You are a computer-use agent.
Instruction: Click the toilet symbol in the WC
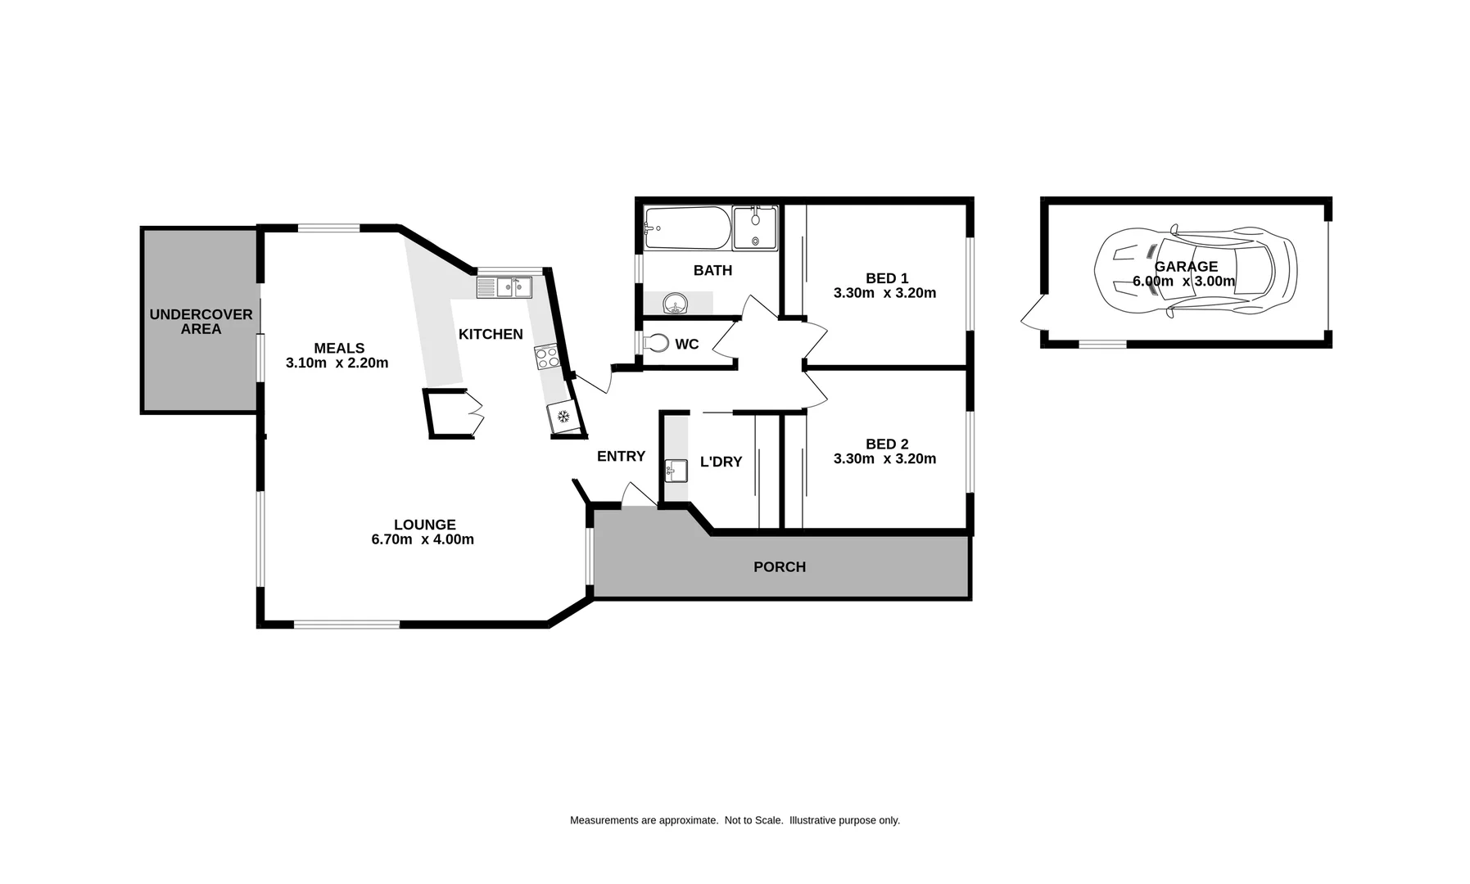click(x=656, y=344)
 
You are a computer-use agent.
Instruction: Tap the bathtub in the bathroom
click(x=686, y=228)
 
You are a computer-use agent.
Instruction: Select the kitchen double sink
click(x=504, y=287)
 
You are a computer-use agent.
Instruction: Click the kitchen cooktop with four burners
click(x=546, y=357)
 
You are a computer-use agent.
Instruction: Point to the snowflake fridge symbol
click(x=563, y=417)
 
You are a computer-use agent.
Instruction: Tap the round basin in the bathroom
click(x=675, y=304)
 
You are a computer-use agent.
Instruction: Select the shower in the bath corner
click(x=754, y=228)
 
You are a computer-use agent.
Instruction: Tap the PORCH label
click(x=779, y=566)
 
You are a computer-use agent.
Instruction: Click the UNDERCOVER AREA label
click(x=201, y=322)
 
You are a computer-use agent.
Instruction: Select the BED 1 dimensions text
click(x=884, y=293)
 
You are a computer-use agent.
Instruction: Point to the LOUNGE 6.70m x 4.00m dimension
click(x=423, y=539)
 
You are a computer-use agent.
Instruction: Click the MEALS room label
click(x=339, y=348)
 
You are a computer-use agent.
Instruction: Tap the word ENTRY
click(x=621, y=457)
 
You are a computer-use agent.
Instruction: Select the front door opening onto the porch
click(x=636, y=496)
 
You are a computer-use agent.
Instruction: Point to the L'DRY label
click(x=721, y=462)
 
